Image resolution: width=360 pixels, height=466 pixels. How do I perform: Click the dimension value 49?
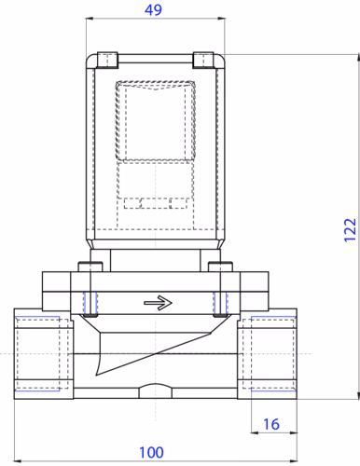point(155,10)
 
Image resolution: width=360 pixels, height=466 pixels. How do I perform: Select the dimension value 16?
point(270,424)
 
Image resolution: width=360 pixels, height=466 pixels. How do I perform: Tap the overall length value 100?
point(151,453)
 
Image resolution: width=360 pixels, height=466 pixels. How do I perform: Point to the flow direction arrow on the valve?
point(159,302)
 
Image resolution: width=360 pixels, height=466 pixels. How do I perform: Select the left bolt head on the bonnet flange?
point(90,269)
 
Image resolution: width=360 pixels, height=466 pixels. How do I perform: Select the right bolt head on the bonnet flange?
point(220,269)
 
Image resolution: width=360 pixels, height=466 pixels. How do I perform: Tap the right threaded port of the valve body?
point(271,355)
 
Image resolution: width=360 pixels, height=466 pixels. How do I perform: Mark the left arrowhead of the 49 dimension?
point(90,21)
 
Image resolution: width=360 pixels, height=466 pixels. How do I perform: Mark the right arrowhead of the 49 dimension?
point(223,21)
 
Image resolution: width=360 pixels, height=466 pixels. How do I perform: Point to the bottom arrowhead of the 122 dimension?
point(355,397)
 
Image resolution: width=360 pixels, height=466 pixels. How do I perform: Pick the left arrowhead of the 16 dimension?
point(255,433)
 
